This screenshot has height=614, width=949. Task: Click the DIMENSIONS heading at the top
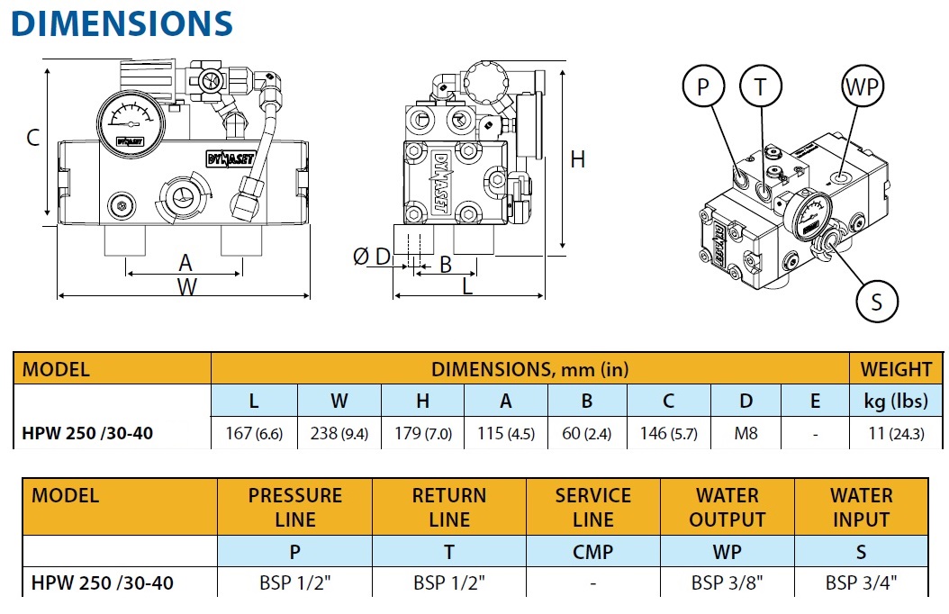click(122, 23)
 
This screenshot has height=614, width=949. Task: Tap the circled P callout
click(704, 87)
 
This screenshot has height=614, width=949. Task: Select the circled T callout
click(761, 87)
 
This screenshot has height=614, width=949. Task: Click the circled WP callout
click(862, 87)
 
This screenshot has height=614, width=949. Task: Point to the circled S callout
click(877, 302)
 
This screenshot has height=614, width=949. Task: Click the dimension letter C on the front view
click(32, 138)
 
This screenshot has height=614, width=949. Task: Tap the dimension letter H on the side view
click(577, 159)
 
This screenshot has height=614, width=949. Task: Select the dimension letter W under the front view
click(185, 287)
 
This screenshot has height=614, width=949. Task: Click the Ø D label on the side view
click(372, 257)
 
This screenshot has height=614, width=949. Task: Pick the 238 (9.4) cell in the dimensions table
click(339, 433)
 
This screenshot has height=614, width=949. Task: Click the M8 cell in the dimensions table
click(746, 433)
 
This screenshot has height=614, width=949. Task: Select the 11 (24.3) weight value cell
click(896, 433)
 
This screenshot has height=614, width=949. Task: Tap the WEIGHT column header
click(896, 369)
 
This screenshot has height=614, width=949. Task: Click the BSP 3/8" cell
click(727, 582)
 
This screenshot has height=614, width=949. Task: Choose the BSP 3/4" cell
click(861, 582)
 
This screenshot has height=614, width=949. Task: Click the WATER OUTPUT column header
click(727, 508)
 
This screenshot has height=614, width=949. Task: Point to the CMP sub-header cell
click(592, 551)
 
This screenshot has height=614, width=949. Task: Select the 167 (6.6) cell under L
click(254, 433)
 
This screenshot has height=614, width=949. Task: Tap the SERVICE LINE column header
click(592, 508)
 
